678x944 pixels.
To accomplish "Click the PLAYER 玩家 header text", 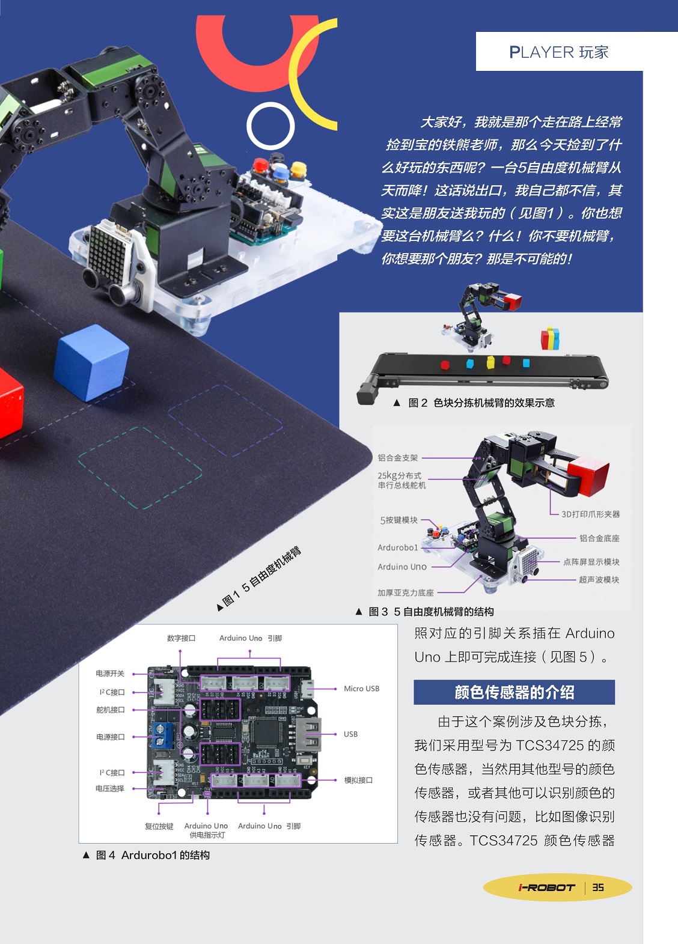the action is (558, 52).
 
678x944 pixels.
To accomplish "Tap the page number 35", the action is (598, 887).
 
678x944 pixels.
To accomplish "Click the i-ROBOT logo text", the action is (546, 888).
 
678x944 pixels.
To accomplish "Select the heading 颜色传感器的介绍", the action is (514, 692).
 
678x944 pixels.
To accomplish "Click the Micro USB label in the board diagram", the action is (361, 689).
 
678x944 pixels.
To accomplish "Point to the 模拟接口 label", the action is (358, 780).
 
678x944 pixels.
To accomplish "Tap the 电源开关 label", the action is (110, 674).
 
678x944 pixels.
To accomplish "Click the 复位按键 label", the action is (159, 826).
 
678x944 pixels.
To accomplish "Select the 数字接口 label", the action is (182, 638).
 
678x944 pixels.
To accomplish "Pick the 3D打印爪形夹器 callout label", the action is (590, 514).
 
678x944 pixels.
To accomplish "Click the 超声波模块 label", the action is (599, 579).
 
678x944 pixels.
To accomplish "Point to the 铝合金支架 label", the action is (398, 458).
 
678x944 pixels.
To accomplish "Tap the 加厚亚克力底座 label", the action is (406, 592).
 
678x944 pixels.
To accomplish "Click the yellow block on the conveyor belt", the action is (490, 362).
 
